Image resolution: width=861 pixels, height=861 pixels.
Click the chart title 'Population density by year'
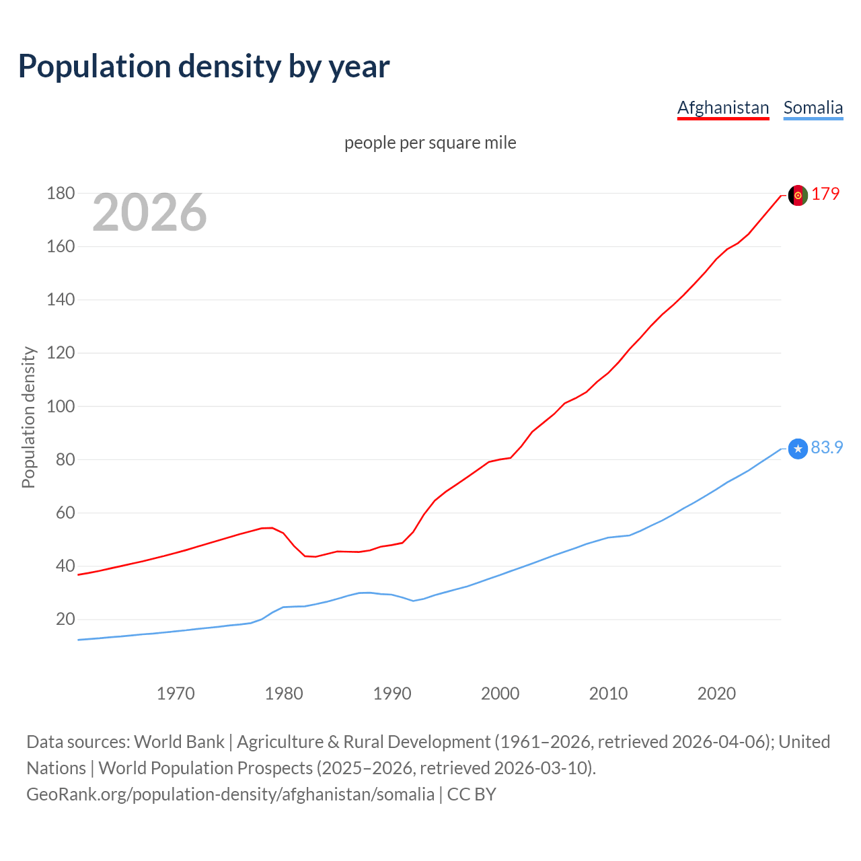(x=204, y=67)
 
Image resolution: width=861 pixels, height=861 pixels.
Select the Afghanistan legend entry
(x=723, y=108)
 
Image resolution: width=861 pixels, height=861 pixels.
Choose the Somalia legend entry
(x=813, y=108)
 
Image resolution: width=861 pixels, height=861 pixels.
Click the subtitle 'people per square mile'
(x=430, y=143)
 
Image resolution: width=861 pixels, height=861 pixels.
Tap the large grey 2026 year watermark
(x=149, y=213)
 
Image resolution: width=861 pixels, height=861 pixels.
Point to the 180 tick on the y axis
(x=61, y=194)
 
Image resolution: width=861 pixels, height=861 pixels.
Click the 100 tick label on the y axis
(x=61, y=406)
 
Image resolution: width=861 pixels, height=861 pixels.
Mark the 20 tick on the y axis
(x=65, y=619)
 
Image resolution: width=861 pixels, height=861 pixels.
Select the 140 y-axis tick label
(x=61, y=300)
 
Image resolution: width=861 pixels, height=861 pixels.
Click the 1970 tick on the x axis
(x=176, y=694)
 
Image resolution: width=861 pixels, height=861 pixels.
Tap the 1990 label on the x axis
(x=392, y=694)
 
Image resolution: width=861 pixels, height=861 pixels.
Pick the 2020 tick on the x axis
(x=716, y=694)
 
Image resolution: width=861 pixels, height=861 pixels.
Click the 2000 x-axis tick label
(x=500, y=694)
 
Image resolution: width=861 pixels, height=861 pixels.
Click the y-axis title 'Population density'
(x=28, y=417)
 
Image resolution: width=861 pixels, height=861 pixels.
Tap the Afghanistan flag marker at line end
(x=798, y=195)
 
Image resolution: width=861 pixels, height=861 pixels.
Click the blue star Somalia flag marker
(x=798, y=449)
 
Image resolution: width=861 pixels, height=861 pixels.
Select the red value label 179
(x=825, y=194)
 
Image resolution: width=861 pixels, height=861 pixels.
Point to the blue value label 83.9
(x=827, y=448)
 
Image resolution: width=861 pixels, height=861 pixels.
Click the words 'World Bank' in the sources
(x=179, y=742)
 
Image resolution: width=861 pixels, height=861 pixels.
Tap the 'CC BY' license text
(x=472, y=794)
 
